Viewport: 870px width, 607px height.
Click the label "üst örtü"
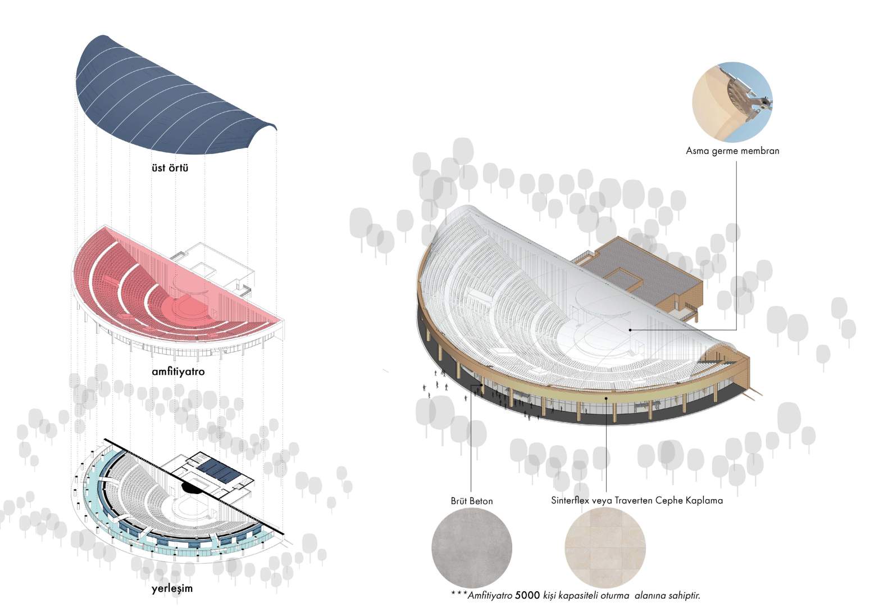[x=170, y=167]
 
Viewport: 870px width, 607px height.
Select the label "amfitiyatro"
[x=178, y=372]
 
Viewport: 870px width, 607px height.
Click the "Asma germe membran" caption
[x=732, y=151]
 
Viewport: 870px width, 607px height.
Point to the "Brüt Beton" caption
[x=472, y=501]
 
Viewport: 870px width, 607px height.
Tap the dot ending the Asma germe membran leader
[x=630, y=330]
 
